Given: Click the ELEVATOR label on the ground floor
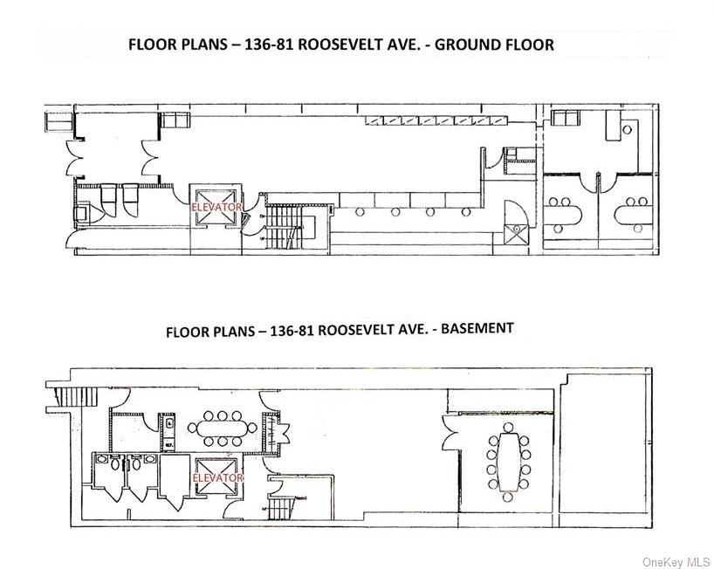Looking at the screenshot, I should point(216,208).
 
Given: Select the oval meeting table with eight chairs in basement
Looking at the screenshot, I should point(223,428).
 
